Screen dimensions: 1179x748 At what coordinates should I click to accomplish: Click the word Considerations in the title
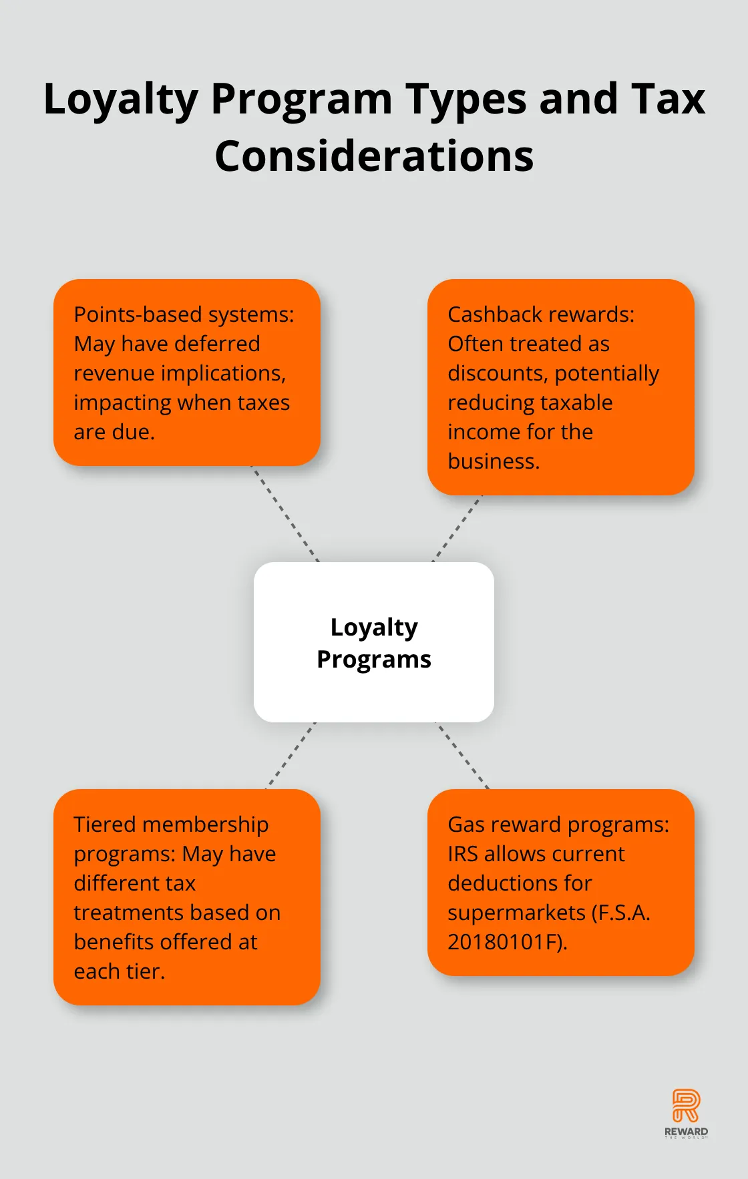click(374, 156)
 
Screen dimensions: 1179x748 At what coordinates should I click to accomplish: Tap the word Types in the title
click(465, 99)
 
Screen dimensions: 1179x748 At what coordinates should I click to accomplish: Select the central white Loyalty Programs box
click(374, 642)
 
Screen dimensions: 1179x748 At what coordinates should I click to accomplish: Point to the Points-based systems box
click(187, 373)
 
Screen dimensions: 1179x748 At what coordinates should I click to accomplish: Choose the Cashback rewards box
click(561, 387)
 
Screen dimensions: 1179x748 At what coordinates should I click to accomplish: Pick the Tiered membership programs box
click(187, 897)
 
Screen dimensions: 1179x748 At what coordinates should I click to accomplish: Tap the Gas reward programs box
click(561, 882)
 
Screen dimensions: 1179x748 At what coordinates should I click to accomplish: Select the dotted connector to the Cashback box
click(457, 528)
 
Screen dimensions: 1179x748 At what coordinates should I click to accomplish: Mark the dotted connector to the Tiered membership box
click(291, 755)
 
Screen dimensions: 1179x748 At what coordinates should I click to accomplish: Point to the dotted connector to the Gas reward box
click(463, 755)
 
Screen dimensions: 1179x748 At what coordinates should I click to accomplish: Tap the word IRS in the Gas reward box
click(463, 854)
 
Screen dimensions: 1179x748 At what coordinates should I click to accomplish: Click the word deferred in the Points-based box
click(217, 344)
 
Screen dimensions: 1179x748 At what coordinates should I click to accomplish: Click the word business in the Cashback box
click(493, 461)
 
